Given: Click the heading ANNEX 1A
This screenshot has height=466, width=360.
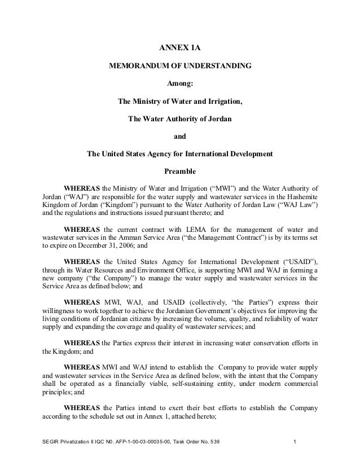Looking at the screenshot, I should [x=180, y=49].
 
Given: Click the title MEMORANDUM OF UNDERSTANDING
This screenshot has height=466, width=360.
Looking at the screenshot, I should [x=180, y=67].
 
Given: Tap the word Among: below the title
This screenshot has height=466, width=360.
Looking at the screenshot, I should [x=180, y=84].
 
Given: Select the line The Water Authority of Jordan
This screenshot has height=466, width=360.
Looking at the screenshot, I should [x=180, y=119].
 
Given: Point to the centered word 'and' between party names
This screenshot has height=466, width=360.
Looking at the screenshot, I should [x=180, y=136].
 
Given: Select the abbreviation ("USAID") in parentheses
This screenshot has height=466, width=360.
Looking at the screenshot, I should [x=297, y=264].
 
